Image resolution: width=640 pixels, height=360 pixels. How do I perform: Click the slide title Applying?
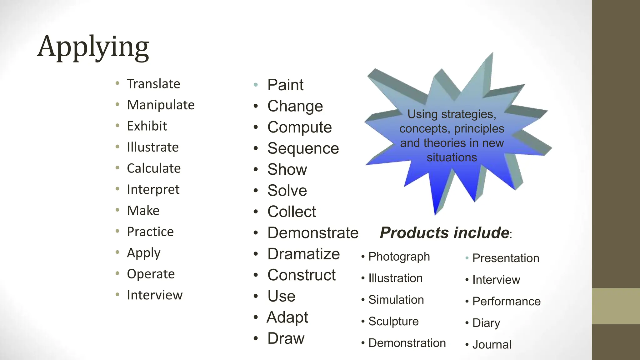click(x=93, y=47)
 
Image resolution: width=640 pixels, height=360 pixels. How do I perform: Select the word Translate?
click(x=153, y=84)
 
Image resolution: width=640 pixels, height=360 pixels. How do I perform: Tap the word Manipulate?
click(x=161, y=105)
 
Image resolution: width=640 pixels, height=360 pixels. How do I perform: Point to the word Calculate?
click(x=154, y=168)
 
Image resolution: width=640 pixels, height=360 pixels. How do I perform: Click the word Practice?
click(x=150, y=232)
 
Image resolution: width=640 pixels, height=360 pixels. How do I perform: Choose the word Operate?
click(x=151, y=274)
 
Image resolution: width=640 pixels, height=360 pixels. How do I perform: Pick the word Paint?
click(x=285, y=85)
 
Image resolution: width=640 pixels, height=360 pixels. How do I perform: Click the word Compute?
click(x=299, y=127)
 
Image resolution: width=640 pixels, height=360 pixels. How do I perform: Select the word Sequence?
click(x=303, y=148)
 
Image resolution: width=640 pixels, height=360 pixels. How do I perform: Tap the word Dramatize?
click(x=303, y=254)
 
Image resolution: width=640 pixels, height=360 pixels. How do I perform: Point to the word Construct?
click(x=302, y=275)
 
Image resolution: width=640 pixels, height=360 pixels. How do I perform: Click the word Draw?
click(x=286, y=338)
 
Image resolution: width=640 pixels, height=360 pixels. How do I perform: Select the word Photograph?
click(x=399, y=257)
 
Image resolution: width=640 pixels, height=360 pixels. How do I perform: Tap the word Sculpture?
click(x=393, y=322)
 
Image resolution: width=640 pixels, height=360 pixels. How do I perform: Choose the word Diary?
click(x=486, y=323)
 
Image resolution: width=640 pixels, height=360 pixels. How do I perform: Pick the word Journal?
click(x=492, y=345)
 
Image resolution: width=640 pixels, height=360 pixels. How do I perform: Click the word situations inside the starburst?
click(x=452, y=157)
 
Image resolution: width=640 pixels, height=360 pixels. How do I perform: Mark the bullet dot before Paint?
click(x=256, y=85)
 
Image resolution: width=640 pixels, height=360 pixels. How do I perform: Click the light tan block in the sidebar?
click(x=616, y=306)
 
